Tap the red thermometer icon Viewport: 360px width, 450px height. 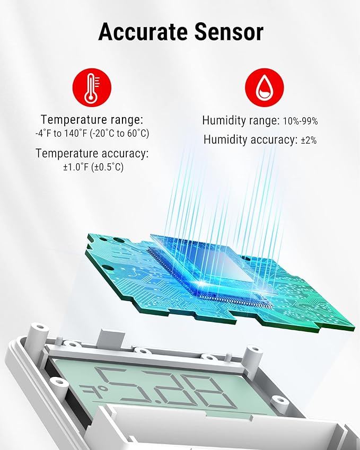[x=92, y=87]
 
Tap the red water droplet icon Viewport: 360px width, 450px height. [x=265, y=87]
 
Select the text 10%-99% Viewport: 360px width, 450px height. [x=300, y=121]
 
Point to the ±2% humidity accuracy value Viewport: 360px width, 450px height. [x=309, y=140]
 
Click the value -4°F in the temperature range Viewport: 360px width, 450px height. [x=43, y=134]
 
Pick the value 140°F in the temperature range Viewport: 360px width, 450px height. [x=75, y=134]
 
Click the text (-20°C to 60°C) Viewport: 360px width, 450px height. [x=119, y=134]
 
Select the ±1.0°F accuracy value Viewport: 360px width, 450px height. [x=75, y=167]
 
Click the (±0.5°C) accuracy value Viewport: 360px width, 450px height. [x=107, y=167]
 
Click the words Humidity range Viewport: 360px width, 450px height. [x=241, y=120]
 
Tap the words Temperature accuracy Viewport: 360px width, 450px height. [x=92, y=153]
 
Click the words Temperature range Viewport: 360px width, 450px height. [x=92, y=119]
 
